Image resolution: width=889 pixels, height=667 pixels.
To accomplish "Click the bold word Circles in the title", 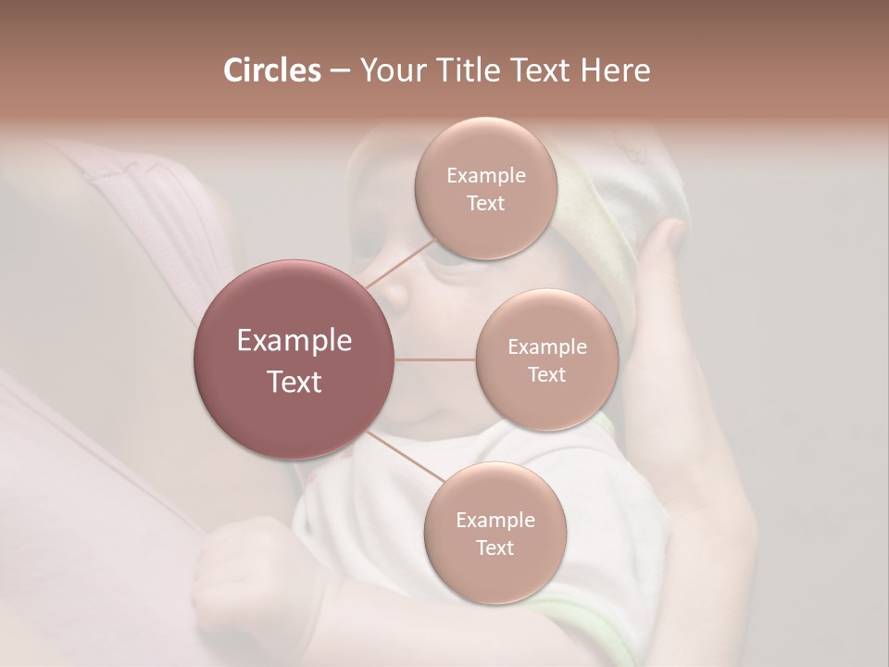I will pos(271,70).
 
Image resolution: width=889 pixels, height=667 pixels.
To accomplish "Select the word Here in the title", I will pos(615,70).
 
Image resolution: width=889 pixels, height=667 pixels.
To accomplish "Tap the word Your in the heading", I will pos(389,71).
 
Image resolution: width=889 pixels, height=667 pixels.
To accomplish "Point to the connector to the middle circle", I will pos(435,359).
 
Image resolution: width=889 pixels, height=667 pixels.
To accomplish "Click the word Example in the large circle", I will pos(294,341).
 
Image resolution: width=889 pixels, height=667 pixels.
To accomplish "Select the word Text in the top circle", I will pos(485,204).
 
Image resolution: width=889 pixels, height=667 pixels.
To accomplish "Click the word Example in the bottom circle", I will pos(495,520).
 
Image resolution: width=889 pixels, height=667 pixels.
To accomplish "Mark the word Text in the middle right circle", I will pos(546,374).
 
